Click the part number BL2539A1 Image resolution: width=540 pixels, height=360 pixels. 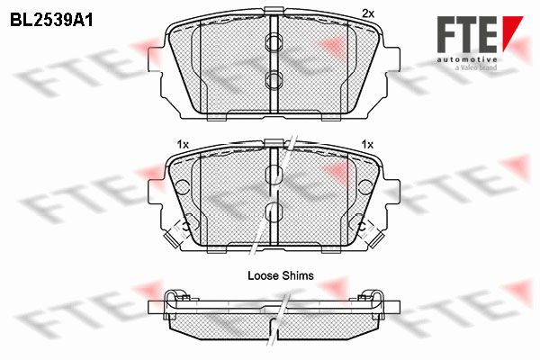point(51,20)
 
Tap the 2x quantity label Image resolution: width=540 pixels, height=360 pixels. point(368,13)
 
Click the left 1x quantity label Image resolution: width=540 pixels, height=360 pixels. point(183,145)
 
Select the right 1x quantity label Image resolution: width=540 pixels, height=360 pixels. point(367,144)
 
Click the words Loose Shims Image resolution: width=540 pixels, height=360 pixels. point(281,275)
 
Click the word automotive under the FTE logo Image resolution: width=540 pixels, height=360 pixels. point(467,59)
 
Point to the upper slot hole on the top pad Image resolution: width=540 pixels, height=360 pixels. point(274,42)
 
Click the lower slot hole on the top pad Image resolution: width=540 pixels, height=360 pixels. point(274,80)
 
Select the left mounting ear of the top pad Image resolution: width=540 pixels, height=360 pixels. point(155,58)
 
